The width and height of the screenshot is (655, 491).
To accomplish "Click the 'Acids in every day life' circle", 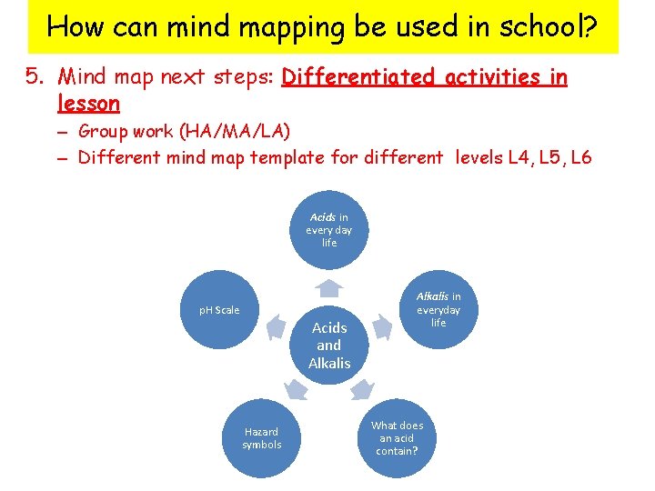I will click(x=328, y=229).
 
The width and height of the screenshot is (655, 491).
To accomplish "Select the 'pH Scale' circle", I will click(x=219, y=310).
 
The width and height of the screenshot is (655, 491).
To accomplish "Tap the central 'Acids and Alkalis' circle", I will click(x=328, y=345).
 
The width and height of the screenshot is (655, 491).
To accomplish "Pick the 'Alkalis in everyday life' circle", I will click(x=438, y=309).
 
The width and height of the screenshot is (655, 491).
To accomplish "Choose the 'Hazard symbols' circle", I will click(x=261, y=438).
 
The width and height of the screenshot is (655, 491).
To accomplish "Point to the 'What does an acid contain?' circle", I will click(x=397, y=438).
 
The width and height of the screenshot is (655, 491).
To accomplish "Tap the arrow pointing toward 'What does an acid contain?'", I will click(x=363, y=390).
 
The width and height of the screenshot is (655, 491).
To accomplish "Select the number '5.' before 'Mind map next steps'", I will click(x=35, y=77).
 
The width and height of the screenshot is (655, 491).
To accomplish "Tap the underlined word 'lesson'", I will click(x=88, y=104).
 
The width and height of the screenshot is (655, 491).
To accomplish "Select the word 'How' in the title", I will click(x=72, y=27).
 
